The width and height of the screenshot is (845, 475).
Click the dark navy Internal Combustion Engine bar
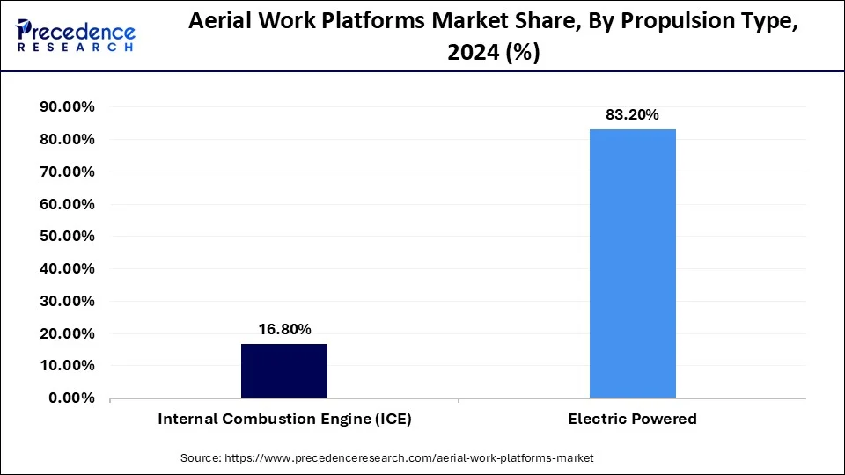(284, 370)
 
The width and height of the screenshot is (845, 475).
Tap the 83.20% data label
(632, 115)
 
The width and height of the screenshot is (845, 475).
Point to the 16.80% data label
(284, 330)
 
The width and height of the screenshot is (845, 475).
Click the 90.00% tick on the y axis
(67, 107)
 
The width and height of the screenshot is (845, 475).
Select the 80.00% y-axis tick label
(67, 140)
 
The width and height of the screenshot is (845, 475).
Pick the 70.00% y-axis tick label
(67, 172)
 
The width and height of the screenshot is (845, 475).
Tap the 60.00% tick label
(67, 204)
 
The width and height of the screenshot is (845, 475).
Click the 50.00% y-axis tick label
(67, 237)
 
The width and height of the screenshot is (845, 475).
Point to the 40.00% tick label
(67, 269)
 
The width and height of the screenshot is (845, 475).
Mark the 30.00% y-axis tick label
(67, 301)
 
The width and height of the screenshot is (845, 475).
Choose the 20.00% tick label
(67, 333)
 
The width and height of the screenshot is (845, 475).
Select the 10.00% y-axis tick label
(67, 365)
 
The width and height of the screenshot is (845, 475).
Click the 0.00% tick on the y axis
(71, 398)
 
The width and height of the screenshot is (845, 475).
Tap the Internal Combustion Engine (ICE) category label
(284, 420)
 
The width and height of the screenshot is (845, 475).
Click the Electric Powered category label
(633, 420)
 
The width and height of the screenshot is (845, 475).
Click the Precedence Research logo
(76, 34)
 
